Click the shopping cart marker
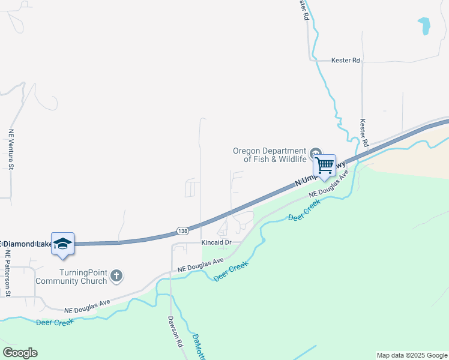325,165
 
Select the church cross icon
116,276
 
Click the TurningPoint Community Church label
71,276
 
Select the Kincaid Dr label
216,242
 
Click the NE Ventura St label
11,149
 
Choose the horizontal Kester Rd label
346,61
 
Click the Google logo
20,353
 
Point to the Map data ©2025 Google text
411,355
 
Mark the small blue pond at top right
424,25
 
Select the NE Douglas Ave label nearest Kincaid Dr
200,265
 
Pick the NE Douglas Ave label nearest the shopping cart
328,186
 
